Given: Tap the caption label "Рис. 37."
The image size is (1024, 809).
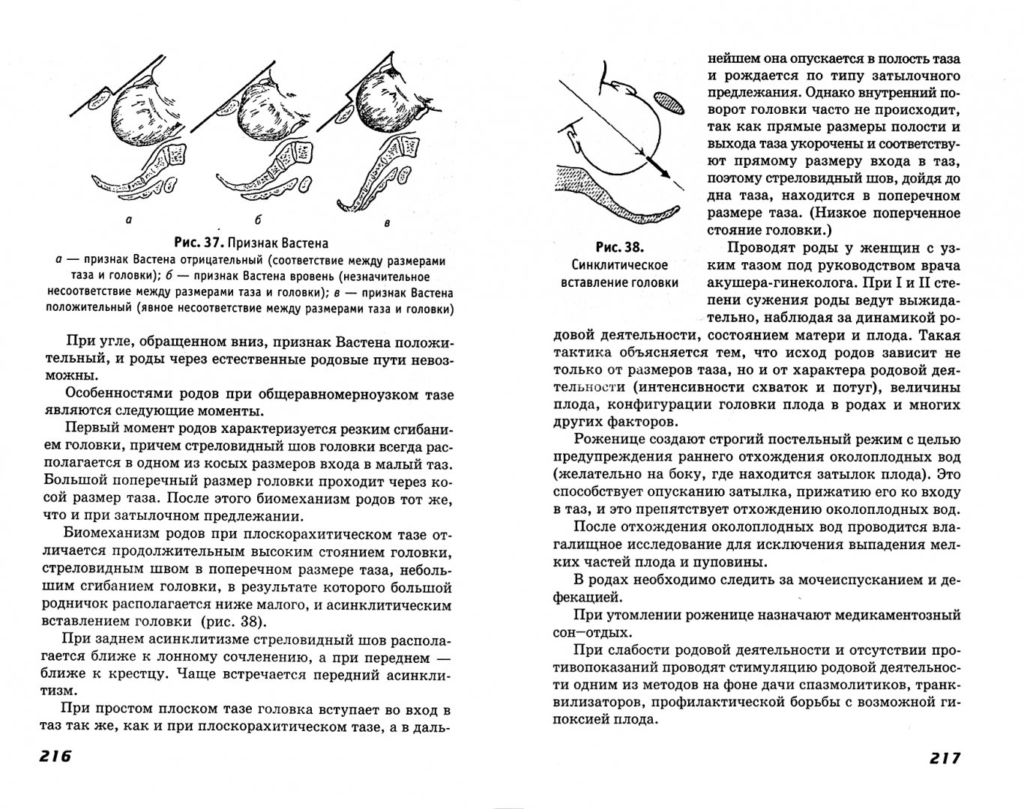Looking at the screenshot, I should (197, 243).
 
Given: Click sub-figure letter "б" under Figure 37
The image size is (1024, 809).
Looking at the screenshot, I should (256, 221).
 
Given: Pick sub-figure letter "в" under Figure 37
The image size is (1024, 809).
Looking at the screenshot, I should (386, 222).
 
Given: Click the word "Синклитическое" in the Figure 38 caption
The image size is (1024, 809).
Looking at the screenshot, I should (620, 265).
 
